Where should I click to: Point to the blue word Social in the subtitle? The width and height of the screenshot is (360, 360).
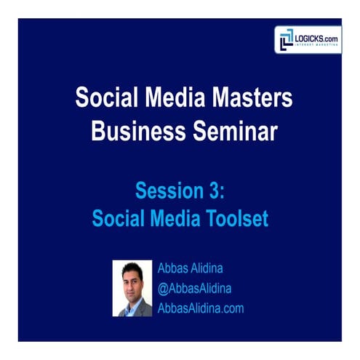point(119,217)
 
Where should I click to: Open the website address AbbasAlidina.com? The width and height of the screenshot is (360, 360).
point(200,308)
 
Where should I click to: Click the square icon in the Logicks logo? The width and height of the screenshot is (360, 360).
point(285,39)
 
